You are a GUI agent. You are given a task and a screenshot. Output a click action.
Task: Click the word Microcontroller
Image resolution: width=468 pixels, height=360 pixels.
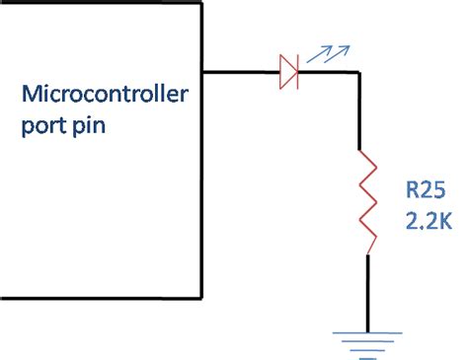(105, 97)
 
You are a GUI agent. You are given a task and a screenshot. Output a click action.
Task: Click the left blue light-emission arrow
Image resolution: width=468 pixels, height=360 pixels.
(313, 57)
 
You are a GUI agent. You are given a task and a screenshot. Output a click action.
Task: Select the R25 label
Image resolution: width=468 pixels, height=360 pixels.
(427, 188)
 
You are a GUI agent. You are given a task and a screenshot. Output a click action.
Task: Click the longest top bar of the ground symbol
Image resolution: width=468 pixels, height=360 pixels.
(367, 332)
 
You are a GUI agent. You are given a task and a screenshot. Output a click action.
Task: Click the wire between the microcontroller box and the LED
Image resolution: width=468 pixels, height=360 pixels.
(240, 70)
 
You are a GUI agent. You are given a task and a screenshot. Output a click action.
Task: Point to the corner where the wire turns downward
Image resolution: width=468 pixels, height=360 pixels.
(367, 70)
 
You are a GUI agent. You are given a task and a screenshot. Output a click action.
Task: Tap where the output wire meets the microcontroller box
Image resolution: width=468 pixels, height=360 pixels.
(202, 70)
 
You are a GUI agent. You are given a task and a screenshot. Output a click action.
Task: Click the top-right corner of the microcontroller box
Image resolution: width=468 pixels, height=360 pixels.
(202, 3)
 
